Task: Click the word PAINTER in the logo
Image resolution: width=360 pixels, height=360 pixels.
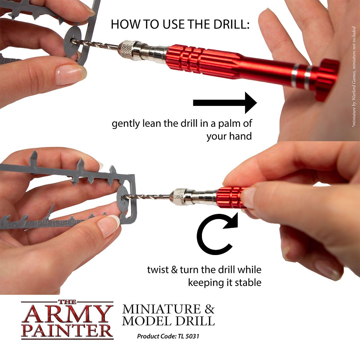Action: pyautogui.click(x=67, y=329)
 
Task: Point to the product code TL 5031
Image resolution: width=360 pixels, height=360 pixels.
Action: pyautogui.click(x=186, y=336)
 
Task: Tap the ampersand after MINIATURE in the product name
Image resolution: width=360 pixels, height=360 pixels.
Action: pyautogui.click(x=209, y=309)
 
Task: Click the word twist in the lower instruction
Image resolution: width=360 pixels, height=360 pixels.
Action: pyautogui.click(x=157, y=269)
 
